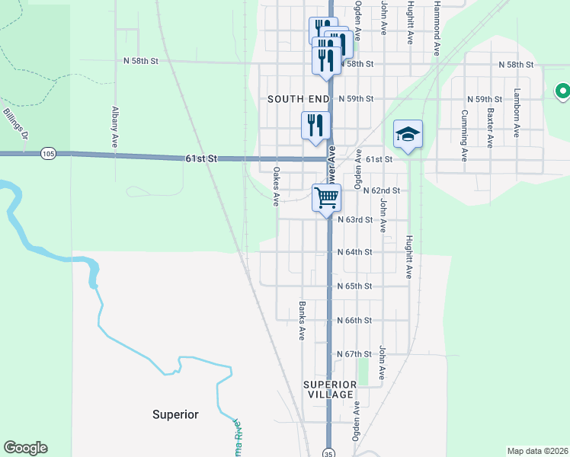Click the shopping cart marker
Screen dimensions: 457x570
327,198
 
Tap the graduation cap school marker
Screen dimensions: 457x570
408,135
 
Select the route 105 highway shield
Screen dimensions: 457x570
49,154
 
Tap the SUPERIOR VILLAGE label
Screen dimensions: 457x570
331,389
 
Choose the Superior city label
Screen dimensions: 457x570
175,414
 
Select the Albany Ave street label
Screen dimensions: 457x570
114,126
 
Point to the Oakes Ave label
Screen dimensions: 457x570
276,187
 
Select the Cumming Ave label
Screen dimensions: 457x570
463,135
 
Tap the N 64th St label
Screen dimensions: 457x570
354,252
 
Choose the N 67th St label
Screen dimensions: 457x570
354,355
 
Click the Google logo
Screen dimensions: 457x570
25,448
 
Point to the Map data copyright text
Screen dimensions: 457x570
537,451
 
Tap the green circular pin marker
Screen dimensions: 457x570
563,91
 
